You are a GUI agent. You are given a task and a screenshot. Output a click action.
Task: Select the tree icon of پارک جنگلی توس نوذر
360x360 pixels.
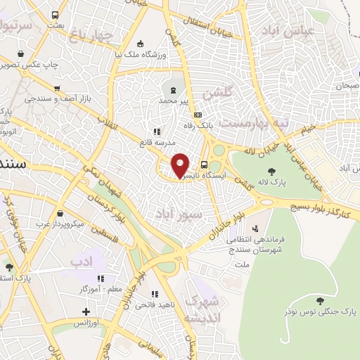pyautogui.click(x=320, y=301)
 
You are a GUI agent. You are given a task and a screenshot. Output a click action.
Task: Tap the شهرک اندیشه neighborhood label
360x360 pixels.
pyautogui.click(x=202, y=309)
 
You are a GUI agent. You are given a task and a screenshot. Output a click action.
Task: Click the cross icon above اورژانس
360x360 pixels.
pyautogui.click(x=86, y=311)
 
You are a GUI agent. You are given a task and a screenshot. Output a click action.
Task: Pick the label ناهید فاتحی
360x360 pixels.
pyautogui.click(x=150, y=304)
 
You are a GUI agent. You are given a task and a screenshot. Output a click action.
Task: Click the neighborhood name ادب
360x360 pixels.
pyautogui.click(x=81, y=262)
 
